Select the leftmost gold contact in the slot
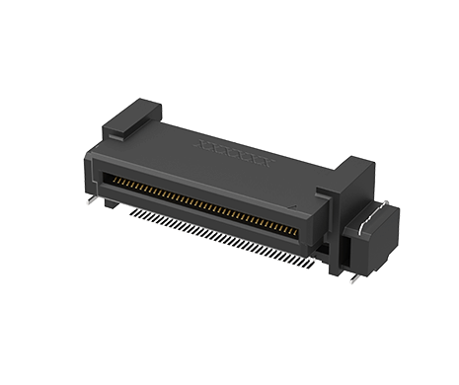(110, 177)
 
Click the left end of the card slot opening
(106, 176)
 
